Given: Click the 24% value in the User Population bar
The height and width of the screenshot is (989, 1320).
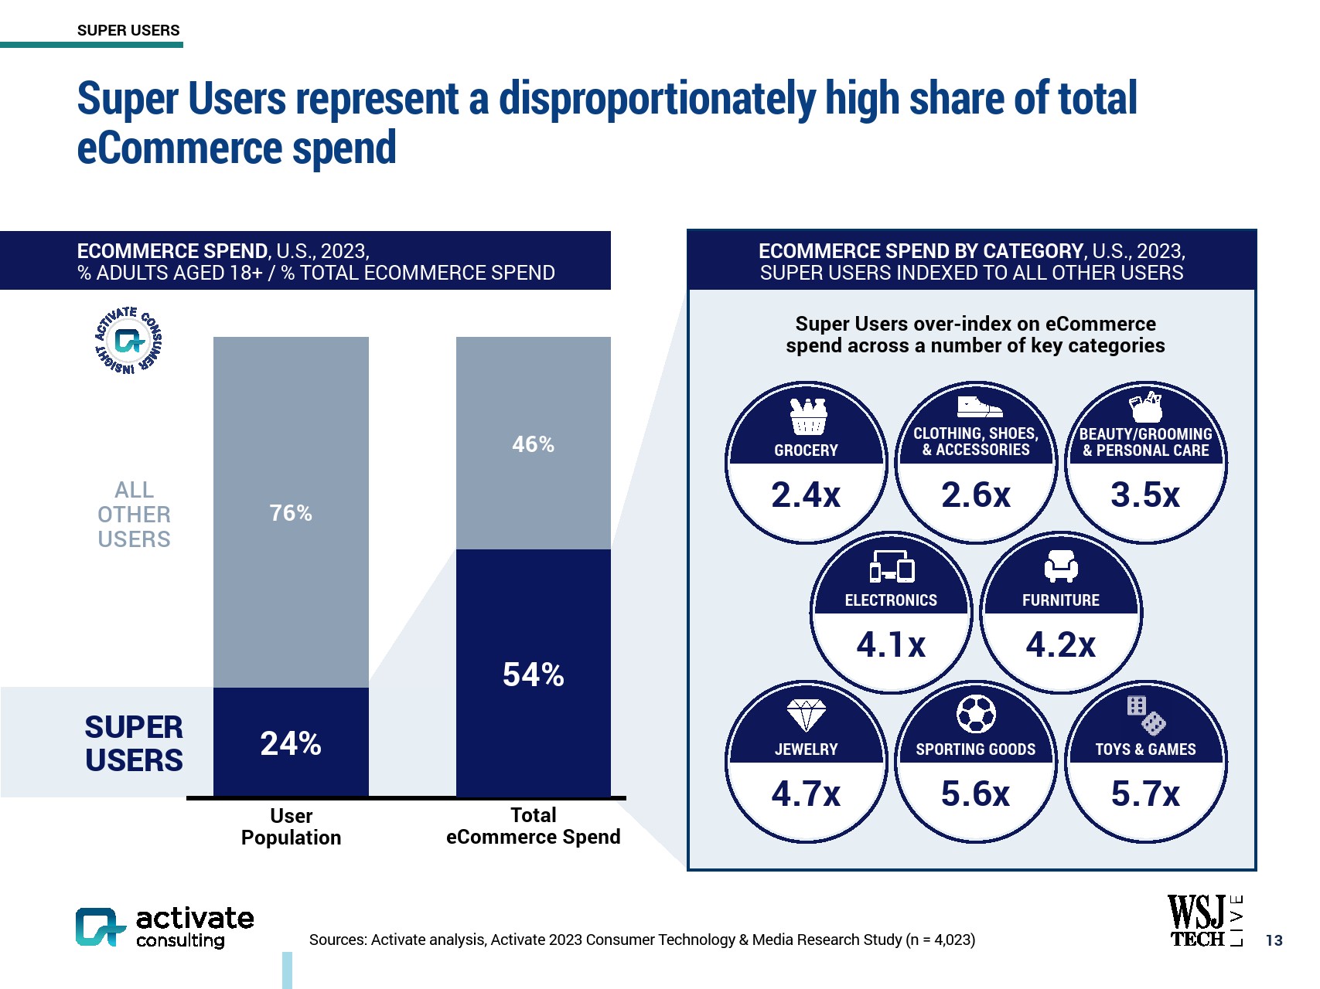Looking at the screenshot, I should (291, 743).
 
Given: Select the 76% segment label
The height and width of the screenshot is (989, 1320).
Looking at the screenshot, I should (291, 513).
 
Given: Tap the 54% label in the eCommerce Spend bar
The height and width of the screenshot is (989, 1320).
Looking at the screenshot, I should (533, 675).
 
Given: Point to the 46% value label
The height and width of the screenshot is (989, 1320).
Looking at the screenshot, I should (533, 444).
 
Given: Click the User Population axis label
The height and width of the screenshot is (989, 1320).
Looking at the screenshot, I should (291, 827).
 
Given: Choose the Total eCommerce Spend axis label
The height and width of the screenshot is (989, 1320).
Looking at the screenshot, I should (533, 826).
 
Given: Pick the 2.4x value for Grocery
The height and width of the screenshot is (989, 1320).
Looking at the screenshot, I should (806, 495).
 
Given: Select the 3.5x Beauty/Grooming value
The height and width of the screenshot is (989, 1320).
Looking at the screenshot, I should (1145, 495).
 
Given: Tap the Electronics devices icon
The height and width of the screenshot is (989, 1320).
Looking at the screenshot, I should (892, 567).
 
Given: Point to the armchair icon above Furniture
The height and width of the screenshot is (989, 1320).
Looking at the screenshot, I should (1061, 567).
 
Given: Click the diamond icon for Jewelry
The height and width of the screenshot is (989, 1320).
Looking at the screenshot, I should (806, 715).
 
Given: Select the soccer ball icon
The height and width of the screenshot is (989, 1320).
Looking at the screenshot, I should (976, 715).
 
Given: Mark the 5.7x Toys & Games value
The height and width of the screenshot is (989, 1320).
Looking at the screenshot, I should (1145, 794).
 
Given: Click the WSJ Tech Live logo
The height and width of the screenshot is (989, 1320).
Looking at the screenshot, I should (1205, 921).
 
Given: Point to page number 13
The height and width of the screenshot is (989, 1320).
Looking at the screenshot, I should (1274, 940).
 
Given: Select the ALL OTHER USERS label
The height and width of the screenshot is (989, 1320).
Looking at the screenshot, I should (134, 515).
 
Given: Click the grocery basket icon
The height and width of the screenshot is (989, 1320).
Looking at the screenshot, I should (808, 417).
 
